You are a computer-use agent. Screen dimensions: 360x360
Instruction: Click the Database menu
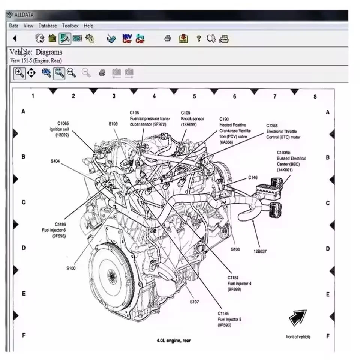pos(47,25)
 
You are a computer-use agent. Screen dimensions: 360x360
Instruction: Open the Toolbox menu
pos(70,25)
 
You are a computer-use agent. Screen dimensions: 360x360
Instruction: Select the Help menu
pos(88,25)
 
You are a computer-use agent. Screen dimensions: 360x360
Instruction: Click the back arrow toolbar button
pos(15,38)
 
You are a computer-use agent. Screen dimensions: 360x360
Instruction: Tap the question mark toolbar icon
pos(199,38)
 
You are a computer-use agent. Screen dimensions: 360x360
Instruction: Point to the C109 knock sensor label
pos(192,118)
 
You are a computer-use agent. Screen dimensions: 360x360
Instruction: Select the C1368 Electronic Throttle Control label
pos(283,132)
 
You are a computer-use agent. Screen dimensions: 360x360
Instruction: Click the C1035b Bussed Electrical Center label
pos(291,161)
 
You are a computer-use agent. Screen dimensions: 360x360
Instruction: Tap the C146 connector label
pos(253,178)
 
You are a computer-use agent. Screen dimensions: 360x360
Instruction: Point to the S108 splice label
pos(235,249)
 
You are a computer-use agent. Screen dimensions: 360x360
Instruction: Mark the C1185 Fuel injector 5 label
pos(229,319)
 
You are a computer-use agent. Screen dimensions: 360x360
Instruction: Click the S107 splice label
pos(194,301)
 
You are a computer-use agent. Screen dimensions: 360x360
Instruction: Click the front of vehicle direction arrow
pos(298,318)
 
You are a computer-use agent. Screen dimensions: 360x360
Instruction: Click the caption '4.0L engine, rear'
pos(173,340)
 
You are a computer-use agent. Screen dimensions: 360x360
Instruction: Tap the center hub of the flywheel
pos(111,277)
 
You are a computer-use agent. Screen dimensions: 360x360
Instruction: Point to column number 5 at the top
pos(194,96)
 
